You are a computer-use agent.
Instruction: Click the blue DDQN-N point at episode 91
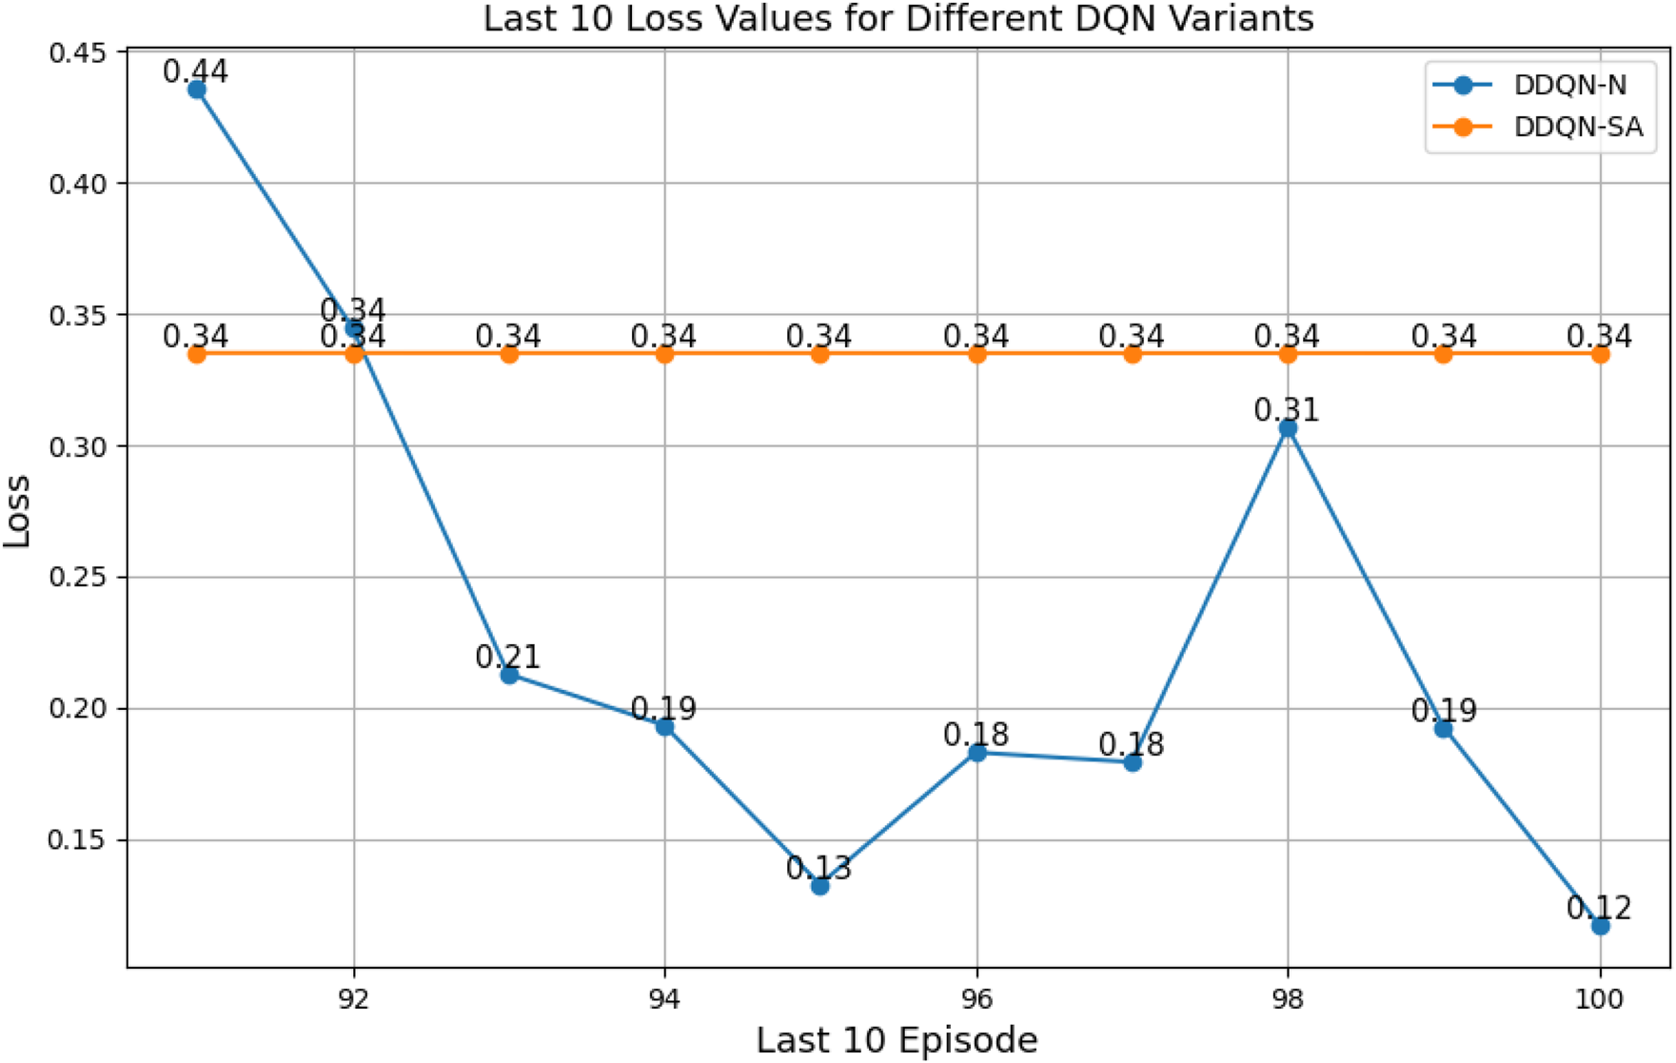197,90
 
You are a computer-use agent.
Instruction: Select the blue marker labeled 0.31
1288,428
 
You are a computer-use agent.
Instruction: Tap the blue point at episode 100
1600,925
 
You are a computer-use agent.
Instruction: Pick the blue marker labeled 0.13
820,886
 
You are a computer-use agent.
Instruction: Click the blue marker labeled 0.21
509,675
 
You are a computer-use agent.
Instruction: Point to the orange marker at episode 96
976,354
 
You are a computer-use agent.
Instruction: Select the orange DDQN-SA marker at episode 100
1600,354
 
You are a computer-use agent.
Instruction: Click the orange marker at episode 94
664,354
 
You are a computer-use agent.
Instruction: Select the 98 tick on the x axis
1288,999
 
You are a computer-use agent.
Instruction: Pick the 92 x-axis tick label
353,999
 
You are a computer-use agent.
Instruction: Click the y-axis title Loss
17,511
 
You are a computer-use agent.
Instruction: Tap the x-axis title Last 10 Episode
897,1040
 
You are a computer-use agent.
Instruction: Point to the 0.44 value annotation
195,71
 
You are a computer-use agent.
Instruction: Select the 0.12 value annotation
1599,907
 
